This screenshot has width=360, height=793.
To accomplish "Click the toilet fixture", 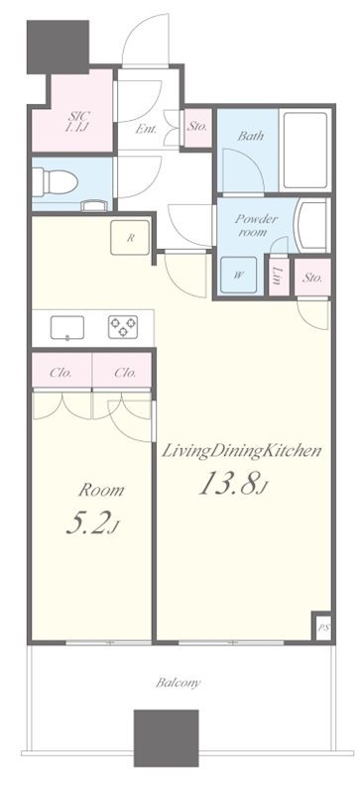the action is [x=55, y=181].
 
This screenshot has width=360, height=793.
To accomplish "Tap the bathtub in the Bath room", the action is [x=304, y=150].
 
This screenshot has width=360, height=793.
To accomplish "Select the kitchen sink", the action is [x=66, y=327].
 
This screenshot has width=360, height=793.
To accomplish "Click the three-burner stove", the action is [x=123, y=327].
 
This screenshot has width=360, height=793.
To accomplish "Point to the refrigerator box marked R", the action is [x=130, y=238].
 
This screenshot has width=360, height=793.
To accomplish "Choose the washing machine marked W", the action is [x=238, y=275].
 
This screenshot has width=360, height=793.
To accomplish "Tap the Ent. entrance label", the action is [x=146, y=129].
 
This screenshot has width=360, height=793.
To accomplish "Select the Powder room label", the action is [x=256, y=226].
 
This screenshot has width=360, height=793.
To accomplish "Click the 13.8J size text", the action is [x=233, y=484].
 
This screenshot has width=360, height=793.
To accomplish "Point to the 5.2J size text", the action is [x=92, y=524].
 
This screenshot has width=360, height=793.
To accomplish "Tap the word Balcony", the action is [x=178, y=683].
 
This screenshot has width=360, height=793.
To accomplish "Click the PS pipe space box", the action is [x=321, y=627].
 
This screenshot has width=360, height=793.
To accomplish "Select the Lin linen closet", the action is [x=278, y=278].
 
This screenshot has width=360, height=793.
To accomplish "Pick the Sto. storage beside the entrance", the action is [x=196, y=127].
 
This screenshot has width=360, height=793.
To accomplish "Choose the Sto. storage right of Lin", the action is [x=312, y=278].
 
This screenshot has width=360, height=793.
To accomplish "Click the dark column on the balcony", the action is [x=166, y=738].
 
